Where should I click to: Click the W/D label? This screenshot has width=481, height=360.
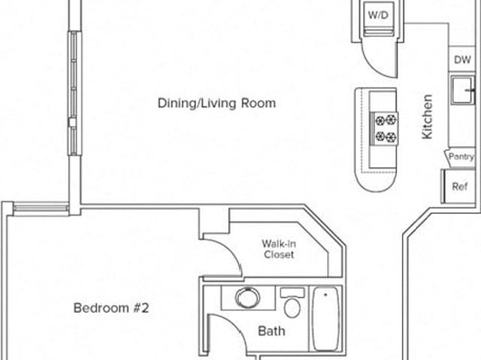(378, 15)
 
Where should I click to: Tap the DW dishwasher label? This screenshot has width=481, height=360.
(462, 59)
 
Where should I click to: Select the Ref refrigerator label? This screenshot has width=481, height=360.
(460, 186)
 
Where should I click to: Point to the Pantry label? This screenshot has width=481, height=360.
(461, 156)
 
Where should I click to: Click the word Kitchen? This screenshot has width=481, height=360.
(427, 116)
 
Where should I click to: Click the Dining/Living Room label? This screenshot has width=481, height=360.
(216, 103)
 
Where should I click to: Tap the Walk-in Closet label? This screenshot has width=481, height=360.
(279, 249)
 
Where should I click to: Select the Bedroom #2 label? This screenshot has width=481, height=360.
(111, 308)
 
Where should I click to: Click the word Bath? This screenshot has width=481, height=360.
(271, 331)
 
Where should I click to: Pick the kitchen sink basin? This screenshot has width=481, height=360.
(463, 90)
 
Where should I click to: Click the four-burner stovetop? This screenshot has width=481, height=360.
(385, 129)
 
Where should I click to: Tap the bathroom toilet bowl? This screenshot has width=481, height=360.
(292, 308)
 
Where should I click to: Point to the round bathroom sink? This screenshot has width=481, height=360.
(247, 298)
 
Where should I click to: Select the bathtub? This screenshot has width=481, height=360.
(325, 319)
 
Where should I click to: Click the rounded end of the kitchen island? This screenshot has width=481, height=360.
(376, 183)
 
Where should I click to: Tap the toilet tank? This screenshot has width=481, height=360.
(292, 292)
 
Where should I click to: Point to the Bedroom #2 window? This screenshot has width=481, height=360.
(41, 208)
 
